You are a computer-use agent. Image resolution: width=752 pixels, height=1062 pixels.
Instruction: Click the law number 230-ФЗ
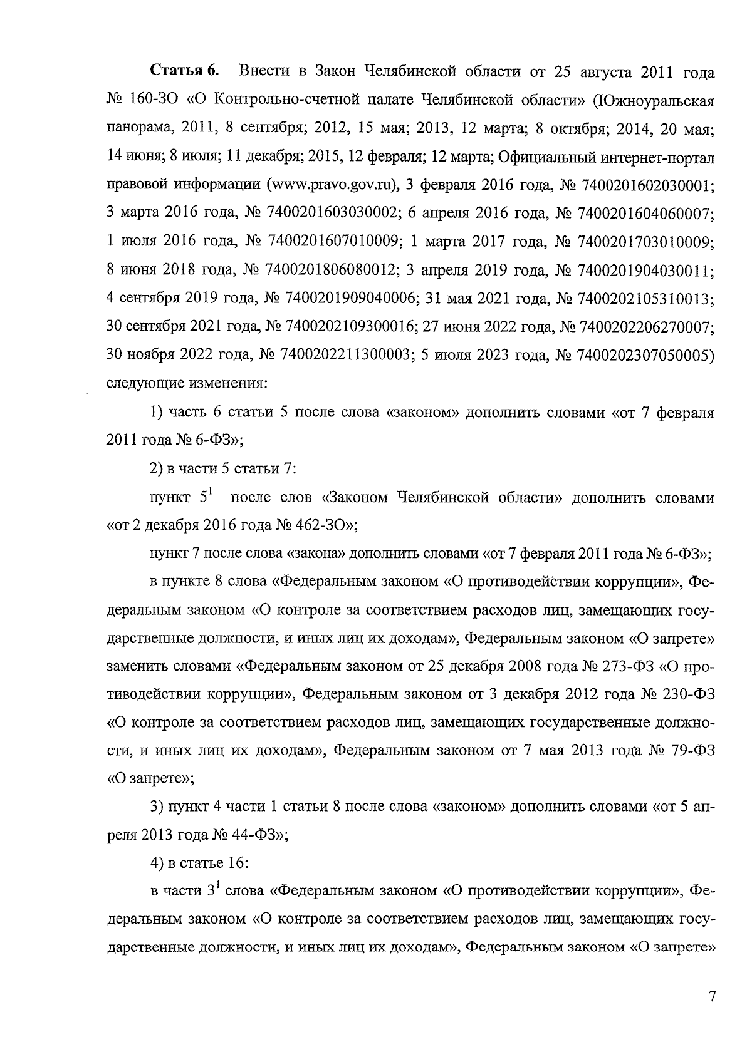pos(687,694)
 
